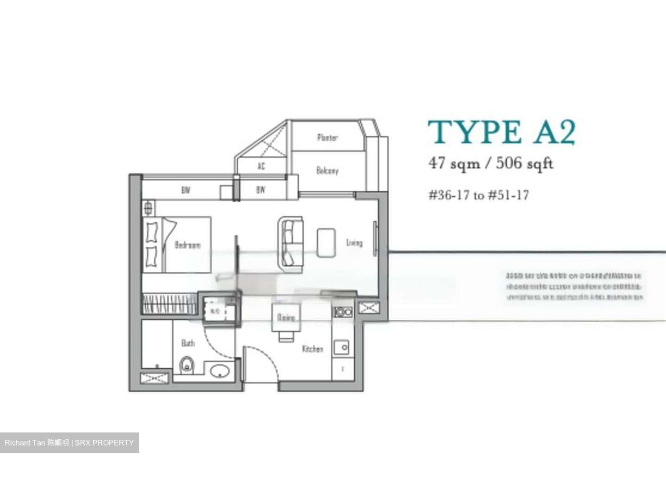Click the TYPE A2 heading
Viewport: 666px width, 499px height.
click(x=501, y=133)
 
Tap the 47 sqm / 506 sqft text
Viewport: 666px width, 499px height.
click(x=491, y=163)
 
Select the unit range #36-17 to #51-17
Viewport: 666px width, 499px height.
click(x=478, y=195)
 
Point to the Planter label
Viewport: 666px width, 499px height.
click(x=327, y=137)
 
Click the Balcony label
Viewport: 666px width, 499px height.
click(x=327, y=170)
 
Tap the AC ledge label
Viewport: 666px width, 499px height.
click(x=261, y=166)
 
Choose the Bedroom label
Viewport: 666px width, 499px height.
click(x=188, y=244)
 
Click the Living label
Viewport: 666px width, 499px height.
click(x=354, y=243)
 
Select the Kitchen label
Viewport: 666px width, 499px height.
click(x=313, y=349)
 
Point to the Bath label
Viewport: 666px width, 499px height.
click(x=188, y=343)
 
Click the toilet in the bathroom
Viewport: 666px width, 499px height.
click(x=186, y=365)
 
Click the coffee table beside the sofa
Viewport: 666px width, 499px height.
click(x=326, y=242)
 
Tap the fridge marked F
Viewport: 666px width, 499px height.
click(x=343, y=370)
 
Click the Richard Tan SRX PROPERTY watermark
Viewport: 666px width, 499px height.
click(x=69, y=443)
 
